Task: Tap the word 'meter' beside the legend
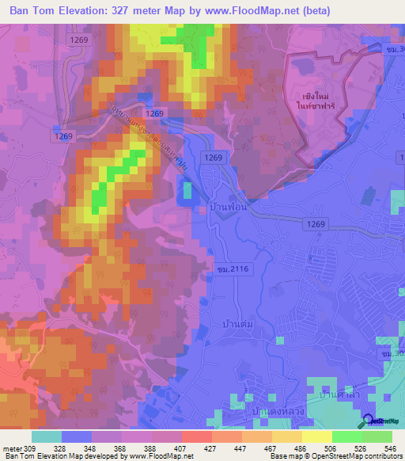12,448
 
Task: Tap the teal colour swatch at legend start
46,436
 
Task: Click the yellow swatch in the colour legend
315,436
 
